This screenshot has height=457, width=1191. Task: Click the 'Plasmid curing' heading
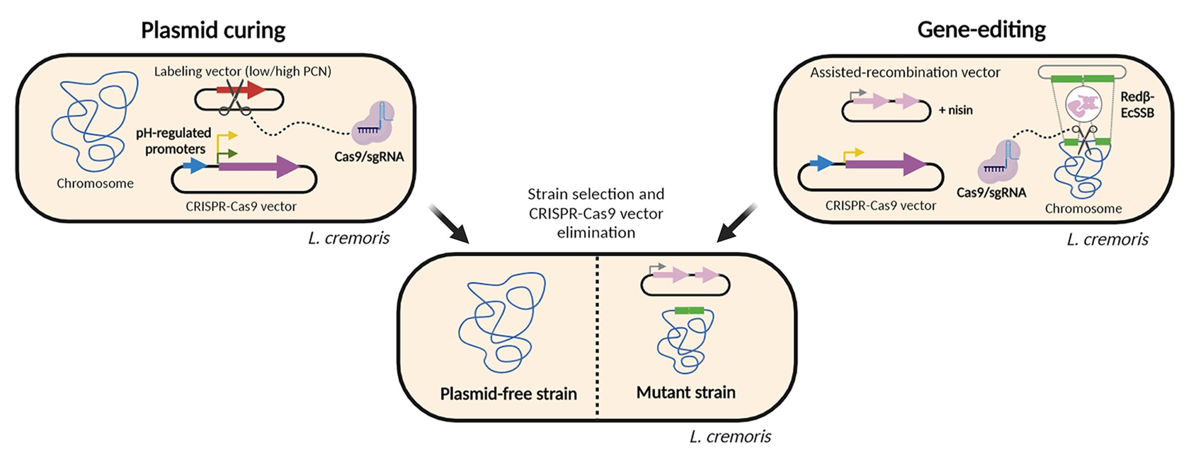pyautogui.click(x=213, y=31)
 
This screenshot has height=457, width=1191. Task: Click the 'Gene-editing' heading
pyautogui.click(x=981, y=30)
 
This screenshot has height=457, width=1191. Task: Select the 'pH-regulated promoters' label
pyautogui.click(x=173, y=141)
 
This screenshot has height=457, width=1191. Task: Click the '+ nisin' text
pyautogui.click(x=956, y=110)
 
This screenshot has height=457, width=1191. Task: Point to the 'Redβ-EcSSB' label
pyautogui.click(x=1137, y=105)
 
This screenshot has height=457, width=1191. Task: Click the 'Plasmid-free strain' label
pyautogui.click(x=508, y=394)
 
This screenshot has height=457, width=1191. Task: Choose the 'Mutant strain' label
pyautogui.click(x=686, y=392)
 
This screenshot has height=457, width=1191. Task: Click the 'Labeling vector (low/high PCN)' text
pyautogui.click(x=242, y=72)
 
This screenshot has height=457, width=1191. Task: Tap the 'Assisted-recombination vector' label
pyautogui.click(x=905, y=73)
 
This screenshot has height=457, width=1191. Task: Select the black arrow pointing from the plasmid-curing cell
pyautogui.click(x=448, y=223)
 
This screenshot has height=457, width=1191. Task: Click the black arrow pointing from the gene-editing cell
pyautogui.click(x=737, y=223)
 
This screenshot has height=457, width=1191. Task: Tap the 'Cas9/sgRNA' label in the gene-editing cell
pyautogui.click(x=991, y=192)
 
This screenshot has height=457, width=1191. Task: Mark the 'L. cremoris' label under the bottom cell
pyautogui.click(x=730, y=437)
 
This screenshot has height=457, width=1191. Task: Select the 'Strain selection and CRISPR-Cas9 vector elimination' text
pyautogui.click(x=596, y=213)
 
